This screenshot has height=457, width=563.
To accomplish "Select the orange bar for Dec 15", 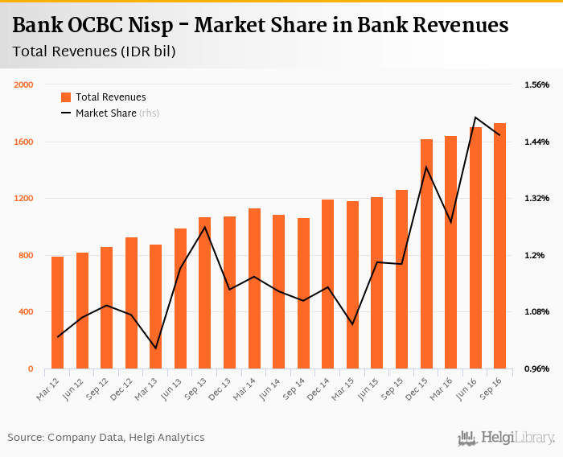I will click(426, 253).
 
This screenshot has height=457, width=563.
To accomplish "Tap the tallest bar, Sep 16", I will click(500, 245).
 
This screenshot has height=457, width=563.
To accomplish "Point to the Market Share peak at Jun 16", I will click(475, 117).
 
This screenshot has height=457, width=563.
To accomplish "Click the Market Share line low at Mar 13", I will click(156, 348).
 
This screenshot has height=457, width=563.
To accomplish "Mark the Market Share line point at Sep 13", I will click(205, 227).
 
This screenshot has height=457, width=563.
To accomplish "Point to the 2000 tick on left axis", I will click(23, 85).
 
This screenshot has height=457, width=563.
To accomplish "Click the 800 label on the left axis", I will click(26, 256).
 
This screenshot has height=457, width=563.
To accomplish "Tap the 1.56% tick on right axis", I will click(536, 85).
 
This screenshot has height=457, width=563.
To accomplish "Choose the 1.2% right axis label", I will click(536, 256).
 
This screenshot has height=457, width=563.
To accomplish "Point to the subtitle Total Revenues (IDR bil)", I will click(94, 51).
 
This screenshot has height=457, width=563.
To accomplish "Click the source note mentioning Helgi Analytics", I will click(106, 438).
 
